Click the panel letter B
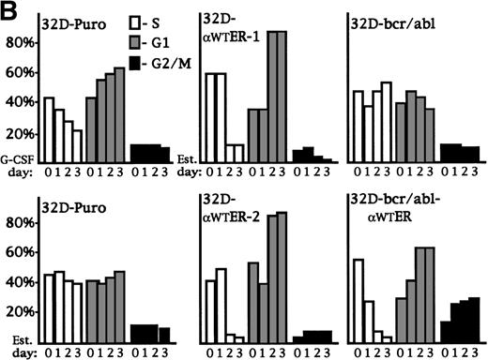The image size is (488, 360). point(10,10)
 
